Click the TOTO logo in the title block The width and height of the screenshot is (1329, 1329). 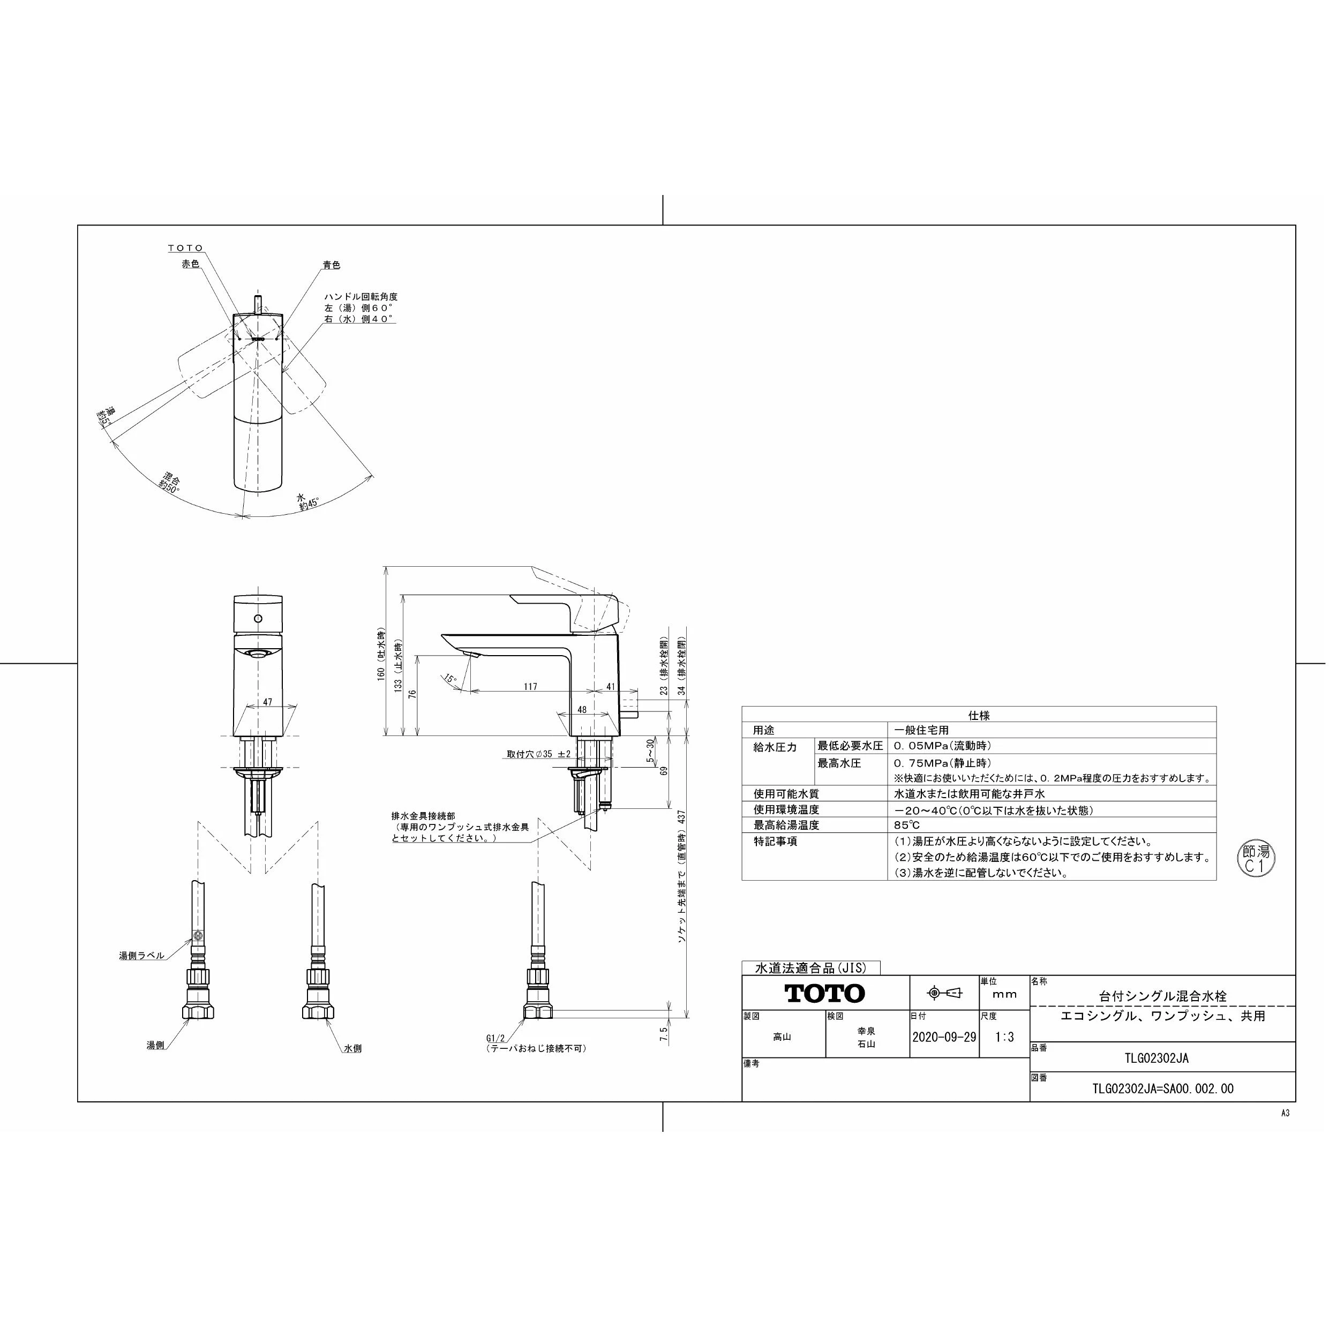(x=825, y=993)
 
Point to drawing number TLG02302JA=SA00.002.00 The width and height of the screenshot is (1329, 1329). (x=1162, y=1089)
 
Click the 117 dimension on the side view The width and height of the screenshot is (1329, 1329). (x=530, y=687)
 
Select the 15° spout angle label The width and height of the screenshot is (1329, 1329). (x=450, y=679)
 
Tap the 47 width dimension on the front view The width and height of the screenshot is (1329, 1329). (x=268, y=702)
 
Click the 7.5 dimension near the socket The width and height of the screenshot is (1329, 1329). (x=663, y=1034)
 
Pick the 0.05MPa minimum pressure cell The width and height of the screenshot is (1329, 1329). (x=942, y=746)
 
